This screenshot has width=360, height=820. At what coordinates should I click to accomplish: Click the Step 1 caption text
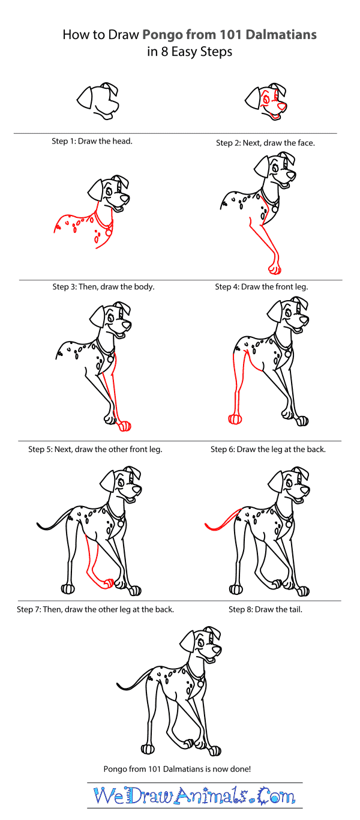(92, 142)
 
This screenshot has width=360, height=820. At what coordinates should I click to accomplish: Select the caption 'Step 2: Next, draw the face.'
(265, 143)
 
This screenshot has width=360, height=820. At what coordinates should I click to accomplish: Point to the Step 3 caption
(103, 287)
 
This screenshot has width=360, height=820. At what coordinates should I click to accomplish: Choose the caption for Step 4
(261, 287)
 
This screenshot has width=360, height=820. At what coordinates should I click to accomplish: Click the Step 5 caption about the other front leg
(95, 449)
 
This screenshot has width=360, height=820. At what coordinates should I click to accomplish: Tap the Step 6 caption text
(268, 449)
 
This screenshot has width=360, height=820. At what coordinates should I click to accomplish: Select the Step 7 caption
(95, 609)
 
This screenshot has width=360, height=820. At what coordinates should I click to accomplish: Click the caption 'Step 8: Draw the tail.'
(265, 609)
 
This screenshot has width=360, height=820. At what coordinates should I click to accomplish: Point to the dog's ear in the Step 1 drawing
(84, 97)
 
